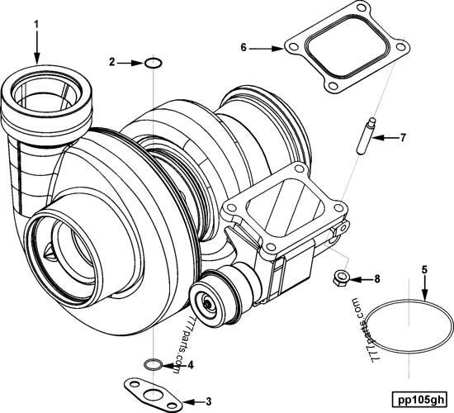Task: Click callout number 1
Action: (36, 25)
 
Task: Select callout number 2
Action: (113, 62)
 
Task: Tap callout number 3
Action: (208, 401)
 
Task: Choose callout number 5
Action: (423, 269)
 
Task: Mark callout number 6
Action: (244, 49)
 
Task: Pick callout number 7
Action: (403, 137)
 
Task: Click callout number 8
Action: (377, 279)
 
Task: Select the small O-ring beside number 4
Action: (153, 363)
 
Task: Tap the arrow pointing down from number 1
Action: (36, 50)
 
